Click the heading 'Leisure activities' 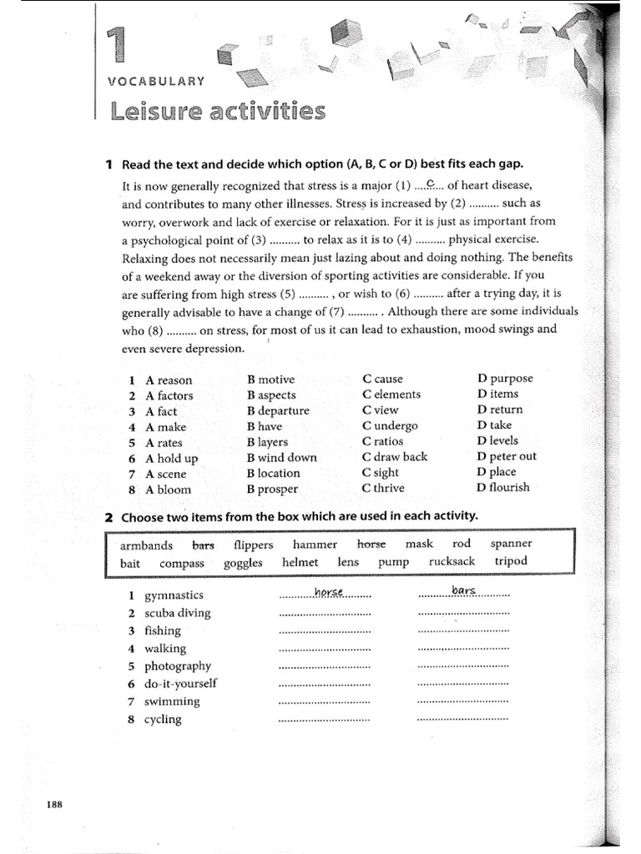217,110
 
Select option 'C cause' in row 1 382,379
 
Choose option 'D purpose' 504,378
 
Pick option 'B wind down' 282,457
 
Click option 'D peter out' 507,456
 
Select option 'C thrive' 383,488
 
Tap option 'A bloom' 168,490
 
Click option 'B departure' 278,410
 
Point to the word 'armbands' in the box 146,545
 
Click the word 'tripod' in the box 511,561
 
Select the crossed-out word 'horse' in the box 371,544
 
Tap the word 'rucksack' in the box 452,561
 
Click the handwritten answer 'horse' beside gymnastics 330,592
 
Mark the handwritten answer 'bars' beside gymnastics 463,590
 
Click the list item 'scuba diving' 177,613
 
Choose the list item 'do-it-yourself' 179,683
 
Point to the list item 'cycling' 162,719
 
